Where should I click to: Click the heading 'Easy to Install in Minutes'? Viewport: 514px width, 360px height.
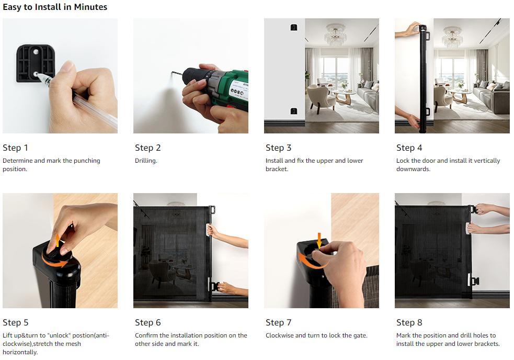point(55,7)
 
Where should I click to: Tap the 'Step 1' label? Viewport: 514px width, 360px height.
point(15,148)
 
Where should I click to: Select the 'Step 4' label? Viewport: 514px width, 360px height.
point(409,148)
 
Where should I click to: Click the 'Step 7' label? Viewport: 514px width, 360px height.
point(278,323)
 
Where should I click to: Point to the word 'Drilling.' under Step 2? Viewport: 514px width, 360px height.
point(146,161)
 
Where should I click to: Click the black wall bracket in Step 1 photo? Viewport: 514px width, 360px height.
point(36,63)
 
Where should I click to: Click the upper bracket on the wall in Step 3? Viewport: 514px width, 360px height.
point(294,27)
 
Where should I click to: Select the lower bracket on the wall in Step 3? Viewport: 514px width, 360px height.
point(294,111)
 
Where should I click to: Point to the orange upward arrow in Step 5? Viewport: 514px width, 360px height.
point(58,240)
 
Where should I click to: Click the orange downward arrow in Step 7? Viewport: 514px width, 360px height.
point(319,241)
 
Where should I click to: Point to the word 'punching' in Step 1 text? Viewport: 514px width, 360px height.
point(87,161)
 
